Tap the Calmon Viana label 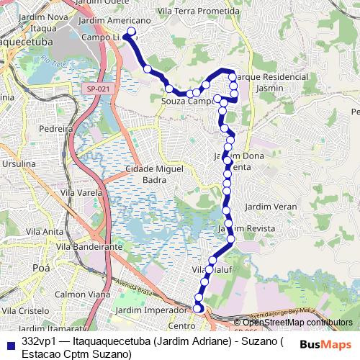pos(82,294)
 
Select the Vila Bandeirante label pos(89,246)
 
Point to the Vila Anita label pos(44,232)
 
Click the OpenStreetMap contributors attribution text pos(293,323)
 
